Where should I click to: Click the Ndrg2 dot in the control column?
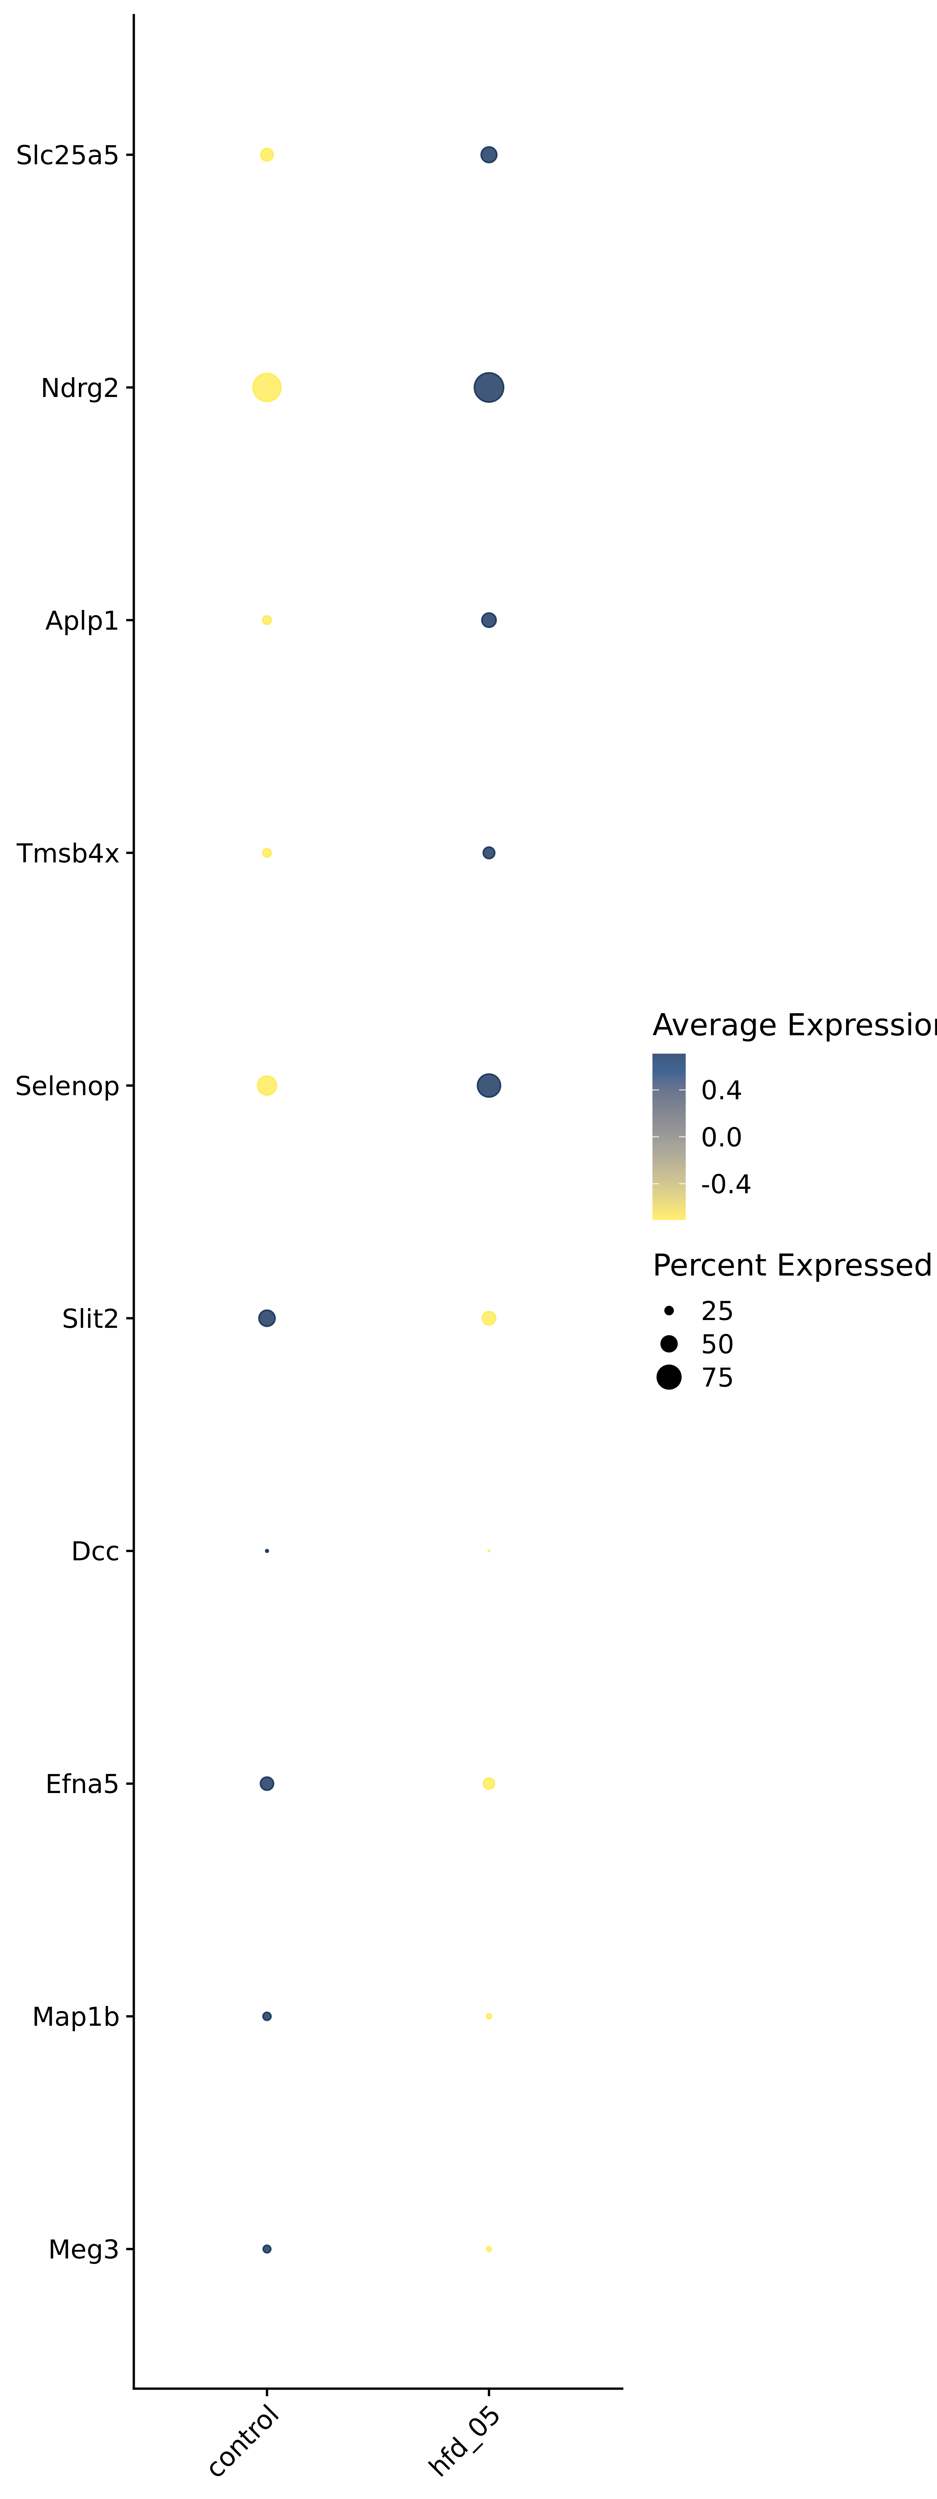coord(267,387)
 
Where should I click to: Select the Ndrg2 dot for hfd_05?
coord(489,387)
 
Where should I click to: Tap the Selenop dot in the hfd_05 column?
coord(489,1086)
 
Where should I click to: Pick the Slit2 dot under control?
coord(267,1317)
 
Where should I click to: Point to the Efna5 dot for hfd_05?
coord(489,1783)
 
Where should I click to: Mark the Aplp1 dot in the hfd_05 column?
coord(489,620)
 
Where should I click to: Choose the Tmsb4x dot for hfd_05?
coord(489,853)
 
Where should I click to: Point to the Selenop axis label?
coord(67,1086)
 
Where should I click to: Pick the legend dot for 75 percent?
coord(668,1378)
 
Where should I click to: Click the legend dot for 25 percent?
coord(668,1311)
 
